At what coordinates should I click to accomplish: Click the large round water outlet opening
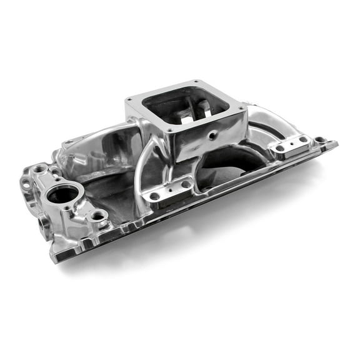(63, 194)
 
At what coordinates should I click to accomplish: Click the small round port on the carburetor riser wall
(212, 134)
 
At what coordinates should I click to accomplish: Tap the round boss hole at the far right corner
(320, 139)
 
